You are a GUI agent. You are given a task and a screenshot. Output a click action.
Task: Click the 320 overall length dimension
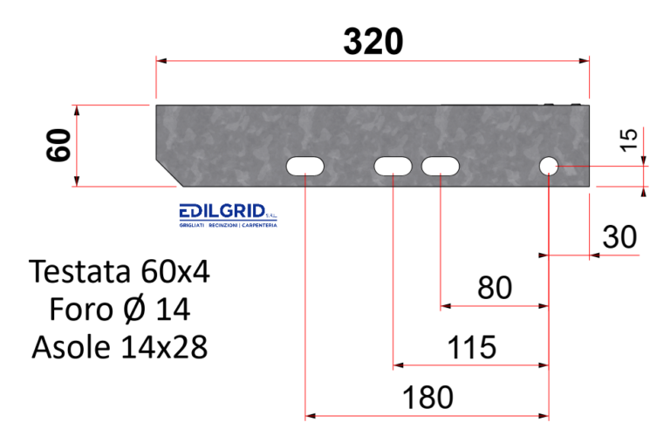click(373, 41)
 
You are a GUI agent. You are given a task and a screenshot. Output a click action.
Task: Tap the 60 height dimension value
click(58, 145)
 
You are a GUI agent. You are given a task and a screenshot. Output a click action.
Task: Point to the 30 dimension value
click(619, 236)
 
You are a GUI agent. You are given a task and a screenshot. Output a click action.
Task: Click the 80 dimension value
click(495, 288)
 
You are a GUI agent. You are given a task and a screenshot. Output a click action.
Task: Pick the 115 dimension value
click(471, 347)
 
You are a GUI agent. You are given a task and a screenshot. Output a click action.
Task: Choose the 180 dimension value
click(427, 398)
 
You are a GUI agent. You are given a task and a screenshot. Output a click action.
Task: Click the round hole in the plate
click(548, 165)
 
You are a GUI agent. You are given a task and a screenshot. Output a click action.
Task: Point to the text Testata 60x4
click(120, 271)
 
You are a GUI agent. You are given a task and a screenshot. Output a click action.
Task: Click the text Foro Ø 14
click(120, 310)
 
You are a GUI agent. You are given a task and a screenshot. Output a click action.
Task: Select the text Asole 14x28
click(120, 348)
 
